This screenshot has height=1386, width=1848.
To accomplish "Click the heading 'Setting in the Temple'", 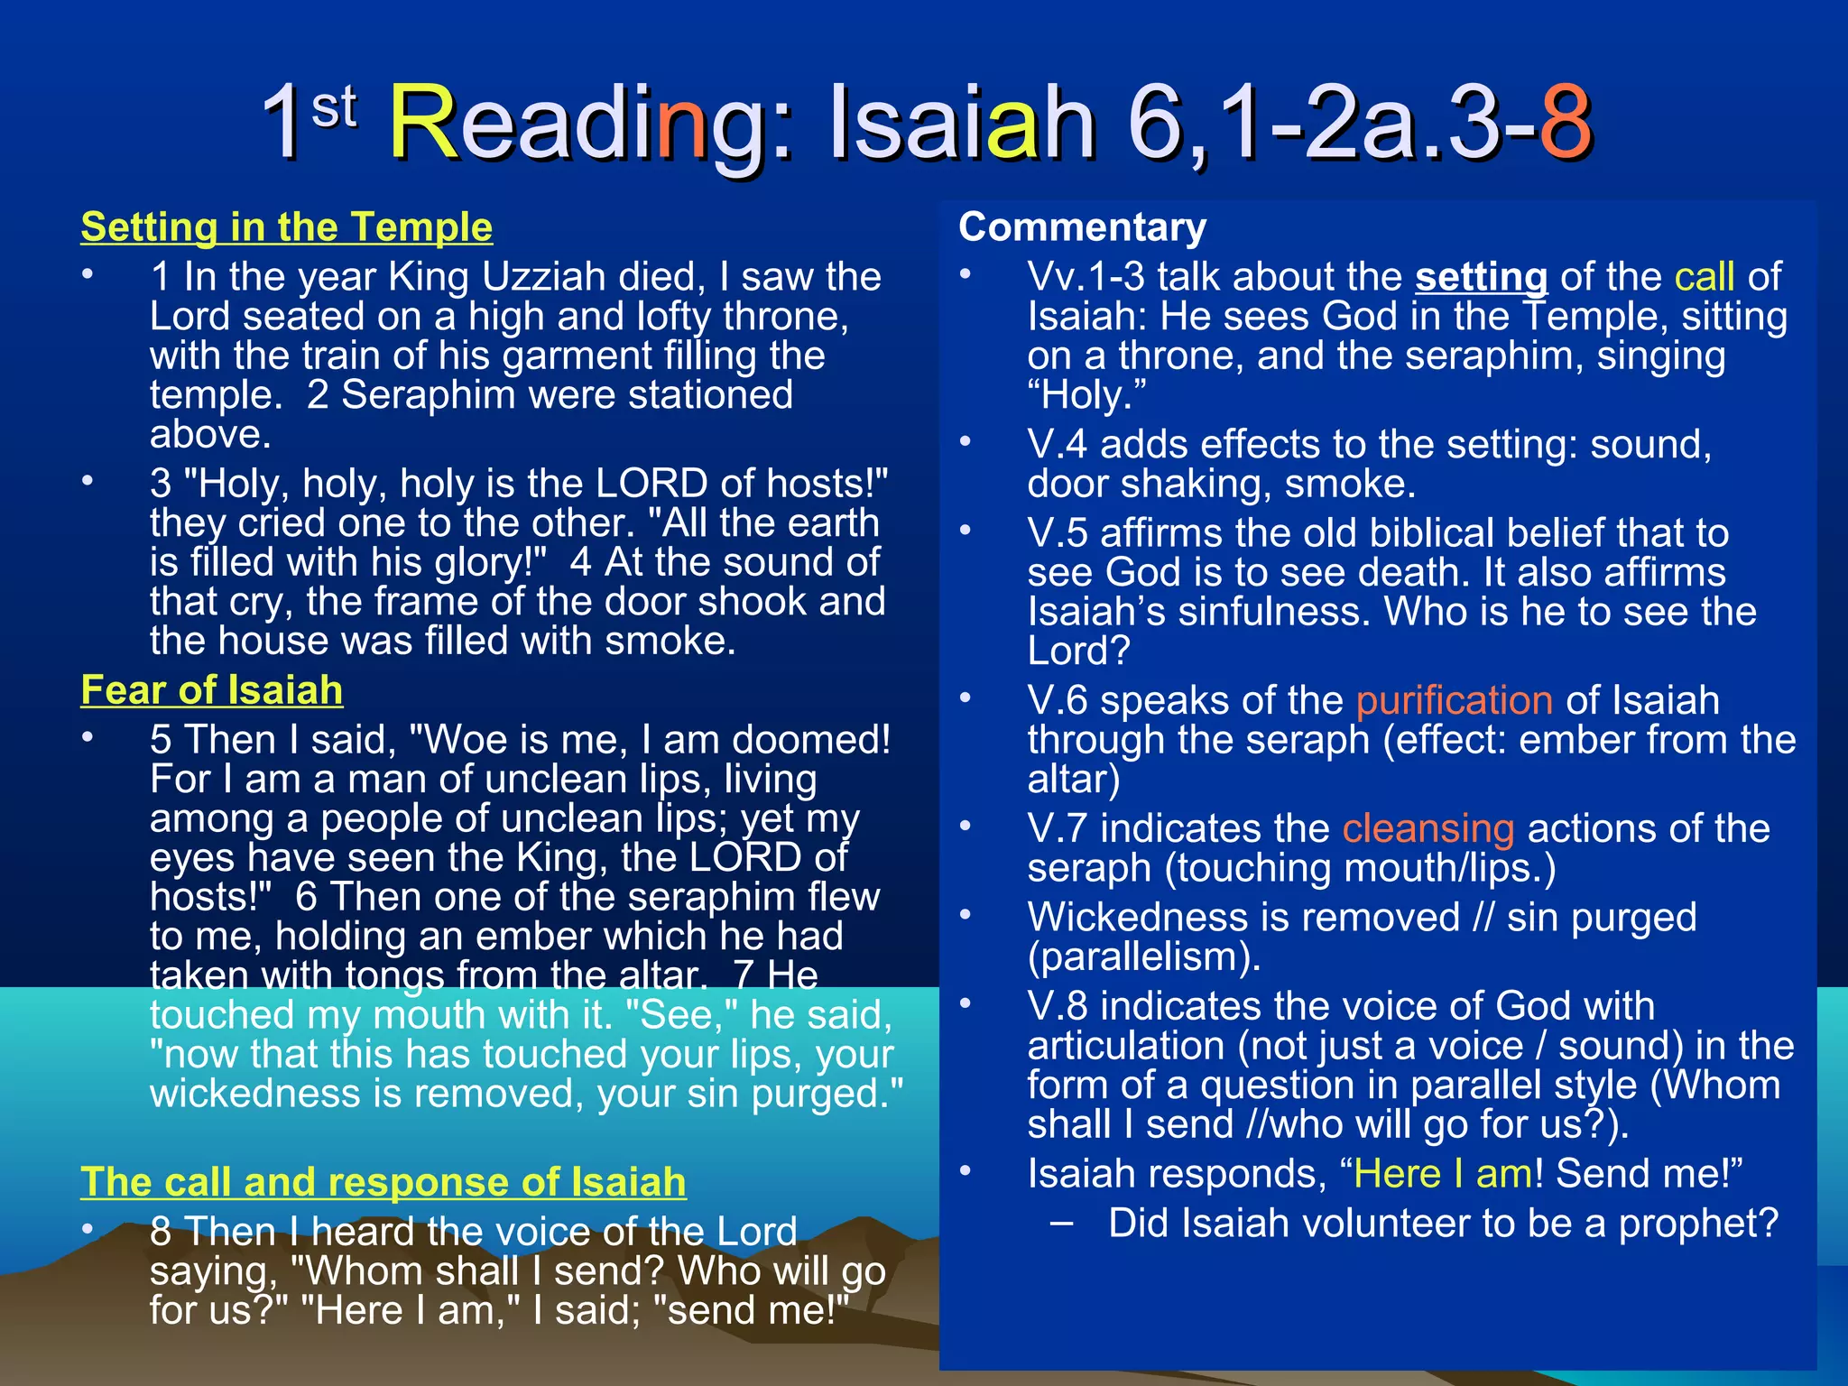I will (x=286, y=226).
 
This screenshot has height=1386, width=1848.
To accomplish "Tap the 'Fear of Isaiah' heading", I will (x=211, y=690).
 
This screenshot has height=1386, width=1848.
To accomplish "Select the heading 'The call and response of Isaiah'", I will (x=383, y=1182).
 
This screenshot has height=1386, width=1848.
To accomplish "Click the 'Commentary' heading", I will (x=1082, y=226).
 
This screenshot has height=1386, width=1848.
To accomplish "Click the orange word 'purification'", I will (x=1454, y=700).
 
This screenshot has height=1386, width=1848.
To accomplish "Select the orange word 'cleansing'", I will (x=1428, y=828).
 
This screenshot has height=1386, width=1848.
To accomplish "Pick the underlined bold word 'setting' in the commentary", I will (x=1481, y=277).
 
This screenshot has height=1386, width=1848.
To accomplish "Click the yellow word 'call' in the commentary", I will (x=1705, y=277).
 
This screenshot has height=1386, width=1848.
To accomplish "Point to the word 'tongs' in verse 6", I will (x=401, y=975).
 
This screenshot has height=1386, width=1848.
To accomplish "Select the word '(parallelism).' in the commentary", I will (x=1143, y=956).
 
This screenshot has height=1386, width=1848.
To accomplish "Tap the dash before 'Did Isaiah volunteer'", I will (x=1062, y=1223).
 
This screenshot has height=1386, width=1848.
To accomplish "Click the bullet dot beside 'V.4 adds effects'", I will (x=966, y=442).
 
